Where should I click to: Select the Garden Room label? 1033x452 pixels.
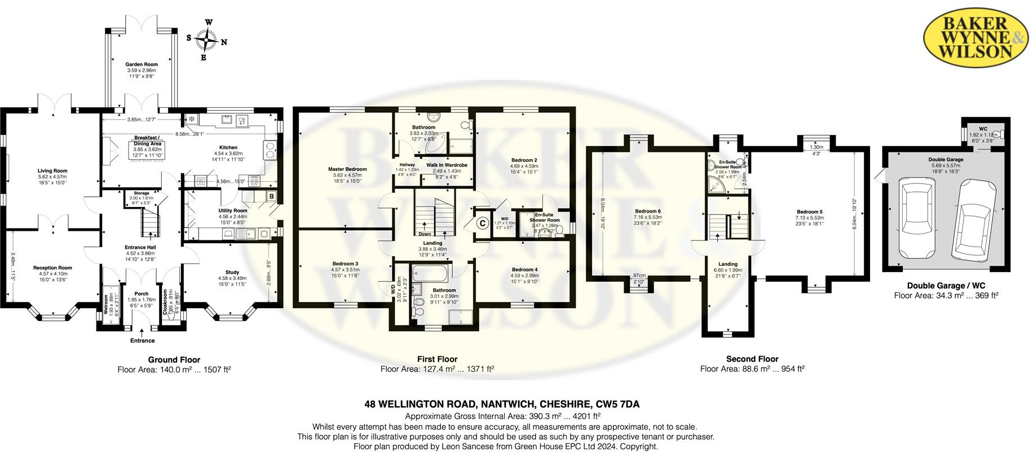(x=142, y=64)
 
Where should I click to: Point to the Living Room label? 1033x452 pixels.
(x=52, y=171)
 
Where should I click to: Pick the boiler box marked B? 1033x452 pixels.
(x=271, y=196)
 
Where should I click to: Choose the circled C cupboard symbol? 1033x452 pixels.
(x=483, y=223)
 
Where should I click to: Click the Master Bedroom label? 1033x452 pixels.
(x=347, y=169)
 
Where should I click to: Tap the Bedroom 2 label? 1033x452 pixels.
(x=524, y=160)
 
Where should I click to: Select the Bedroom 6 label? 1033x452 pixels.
(x=647, y=212)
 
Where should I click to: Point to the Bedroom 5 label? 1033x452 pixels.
(x=809, y=212)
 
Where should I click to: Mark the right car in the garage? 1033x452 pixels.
(x=974, y=218)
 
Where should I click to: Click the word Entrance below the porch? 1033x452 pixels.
(x=143, y=341)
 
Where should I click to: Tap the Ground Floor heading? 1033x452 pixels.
(x=174, y=359)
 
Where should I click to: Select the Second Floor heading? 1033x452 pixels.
(x=752, y=359)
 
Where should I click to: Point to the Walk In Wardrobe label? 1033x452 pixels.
(x=447, y=165)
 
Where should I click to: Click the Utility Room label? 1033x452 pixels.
(x=233, y=211)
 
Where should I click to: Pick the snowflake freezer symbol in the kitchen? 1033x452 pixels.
(x=191, y=119)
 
